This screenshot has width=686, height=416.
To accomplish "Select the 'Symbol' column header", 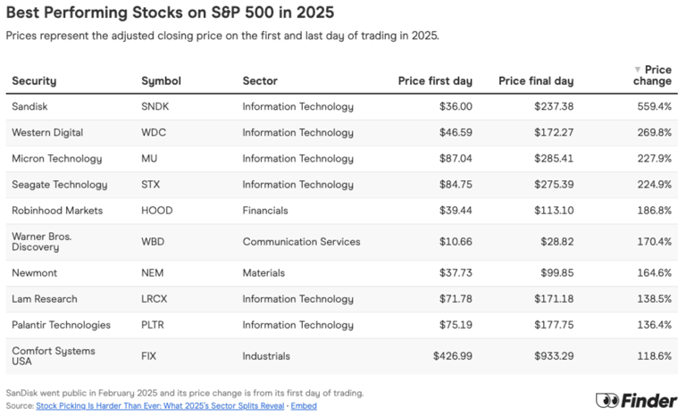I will [x=161, y=81].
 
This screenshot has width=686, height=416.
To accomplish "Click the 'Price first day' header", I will [x=435, y=81].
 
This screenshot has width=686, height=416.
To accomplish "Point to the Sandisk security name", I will [x=30, y=106].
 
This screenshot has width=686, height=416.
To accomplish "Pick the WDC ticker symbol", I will [x=154, y=132].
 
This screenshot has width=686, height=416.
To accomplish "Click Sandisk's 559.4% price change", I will [x=653, y=106].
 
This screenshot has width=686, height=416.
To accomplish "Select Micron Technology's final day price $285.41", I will [x=548, y=158].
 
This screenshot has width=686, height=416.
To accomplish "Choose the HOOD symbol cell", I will [x=156, y=211].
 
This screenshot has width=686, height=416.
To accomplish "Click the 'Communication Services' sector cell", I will [x=301, y=242].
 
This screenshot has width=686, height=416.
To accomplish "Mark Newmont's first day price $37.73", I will [x=451, y=273].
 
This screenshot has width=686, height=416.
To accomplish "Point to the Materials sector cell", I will [x=264, y=273].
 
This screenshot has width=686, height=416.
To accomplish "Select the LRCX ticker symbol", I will [x=155, y=299].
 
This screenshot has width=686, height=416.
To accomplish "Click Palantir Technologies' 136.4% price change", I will [x=653, y=325].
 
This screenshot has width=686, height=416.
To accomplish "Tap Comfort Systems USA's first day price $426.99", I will [x=448, y=356].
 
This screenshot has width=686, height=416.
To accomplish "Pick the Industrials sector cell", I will [x=266, y=356].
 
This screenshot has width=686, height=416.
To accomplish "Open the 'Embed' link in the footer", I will [x=303, y=405].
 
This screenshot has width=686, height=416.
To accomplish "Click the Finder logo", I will [x=635, y=401].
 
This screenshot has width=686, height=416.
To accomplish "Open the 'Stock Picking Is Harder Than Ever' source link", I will [x=160, y=405].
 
